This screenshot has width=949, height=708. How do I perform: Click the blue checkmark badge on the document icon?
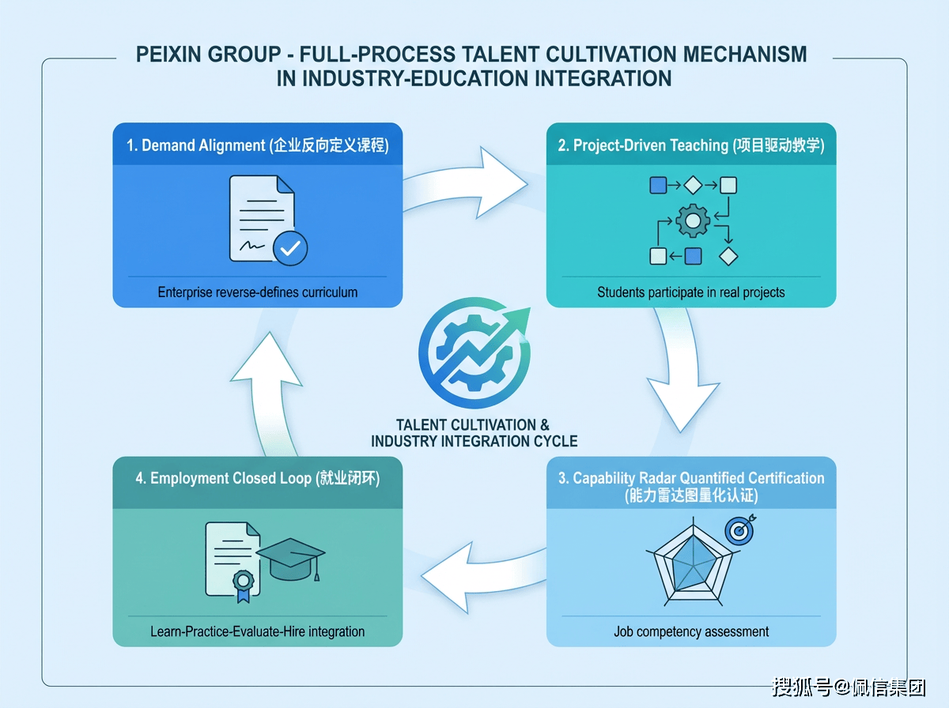coord(289,247)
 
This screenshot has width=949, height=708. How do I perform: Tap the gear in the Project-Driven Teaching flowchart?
coord(693,222)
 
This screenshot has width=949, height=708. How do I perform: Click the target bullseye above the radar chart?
coord(739,531)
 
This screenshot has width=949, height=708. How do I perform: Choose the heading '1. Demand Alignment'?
coord(257,145)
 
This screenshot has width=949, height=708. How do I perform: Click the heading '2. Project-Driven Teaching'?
coord(691,145)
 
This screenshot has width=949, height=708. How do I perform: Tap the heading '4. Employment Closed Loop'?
coord(257,479)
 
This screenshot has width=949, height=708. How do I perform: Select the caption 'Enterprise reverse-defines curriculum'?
coord(257,292)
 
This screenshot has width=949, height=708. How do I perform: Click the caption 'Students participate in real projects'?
coord(691,292)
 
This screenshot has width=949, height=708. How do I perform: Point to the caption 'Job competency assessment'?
coord(691,631)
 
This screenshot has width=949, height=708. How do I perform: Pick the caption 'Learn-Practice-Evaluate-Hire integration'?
coord(257,631)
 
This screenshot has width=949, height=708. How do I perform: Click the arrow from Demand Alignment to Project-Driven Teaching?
coord(475,182)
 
